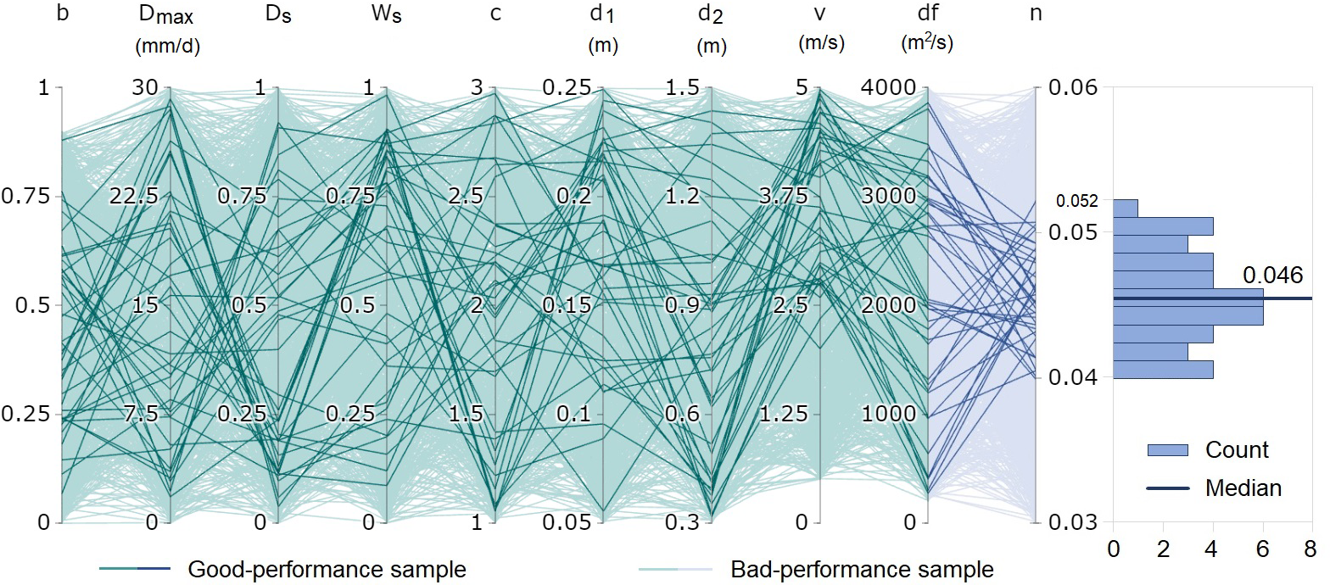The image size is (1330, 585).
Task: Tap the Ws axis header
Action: [385, 16]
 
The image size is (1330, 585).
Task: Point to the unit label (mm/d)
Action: [168, 47]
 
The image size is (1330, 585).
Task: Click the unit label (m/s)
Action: [821, 44]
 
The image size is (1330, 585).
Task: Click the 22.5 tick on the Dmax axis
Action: [134, 197]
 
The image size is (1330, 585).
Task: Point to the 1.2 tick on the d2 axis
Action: [680, 197]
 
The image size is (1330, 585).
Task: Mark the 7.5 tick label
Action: [140, 414]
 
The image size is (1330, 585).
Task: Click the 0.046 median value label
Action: [1272, 275]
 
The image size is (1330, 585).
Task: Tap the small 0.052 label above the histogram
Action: [1077, 202]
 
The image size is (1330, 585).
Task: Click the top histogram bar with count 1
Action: [1126, 208]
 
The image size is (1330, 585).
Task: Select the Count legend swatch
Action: [1167, 450]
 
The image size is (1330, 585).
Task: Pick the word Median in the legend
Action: [1243, 487]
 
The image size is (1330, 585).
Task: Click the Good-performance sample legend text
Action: [327, 568]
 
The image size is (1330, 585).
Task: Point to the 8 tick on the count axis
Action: [1311, 548]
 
